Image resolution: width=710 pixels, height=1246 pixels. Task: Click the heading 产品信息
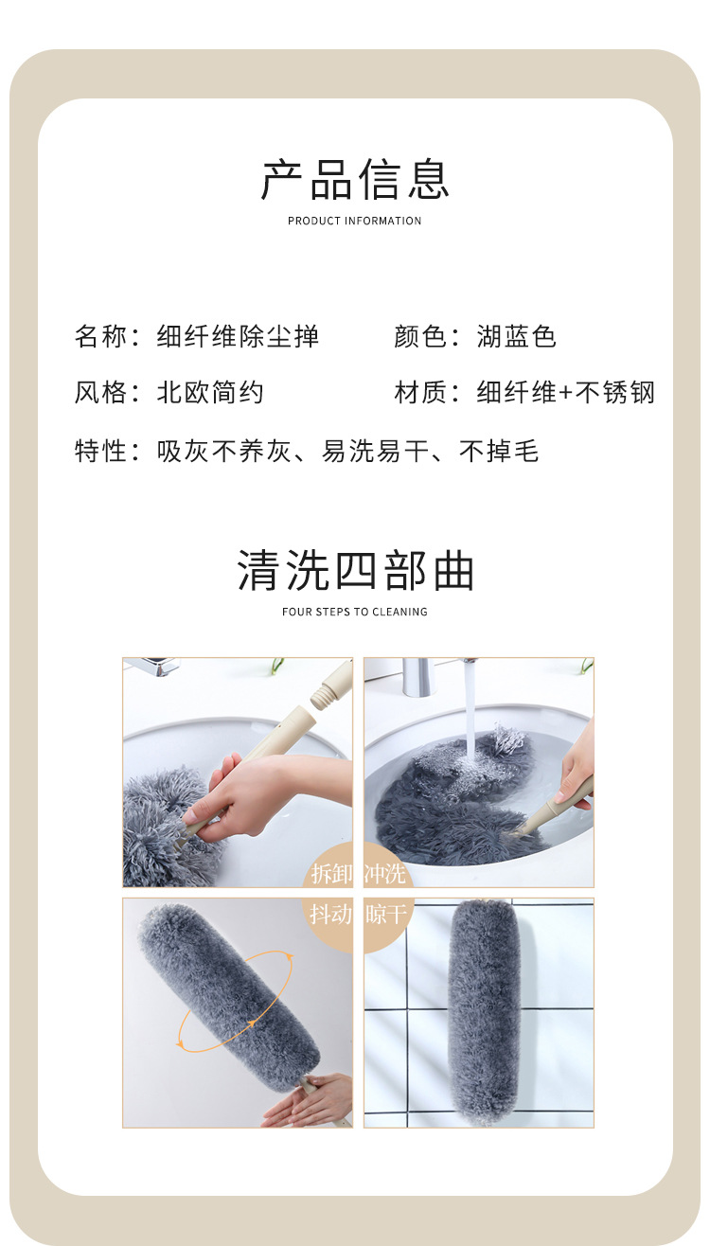coord(355,180)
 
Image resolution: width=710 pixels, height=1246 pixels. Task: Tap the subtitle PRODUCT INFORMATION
coord(355,221)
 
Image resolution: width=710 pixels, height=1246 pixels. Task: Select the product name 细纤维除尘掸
coord(238,336)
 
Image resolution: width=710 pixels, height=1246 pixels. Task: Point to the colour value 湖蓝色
coord(516,336)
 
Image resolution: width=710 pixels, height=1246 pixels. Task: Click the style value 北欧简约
coord(210,392)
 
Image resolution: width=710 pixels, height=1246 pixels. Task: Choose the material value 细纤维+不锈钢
coord(565,392)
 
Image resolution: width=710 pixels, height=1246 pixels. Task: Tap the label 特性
coord(100,451)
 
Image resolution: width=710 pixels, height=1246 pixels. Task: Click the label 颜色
coord(420,336)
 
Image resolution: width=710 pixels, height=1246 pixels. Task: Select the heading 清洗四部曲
coord(355,572)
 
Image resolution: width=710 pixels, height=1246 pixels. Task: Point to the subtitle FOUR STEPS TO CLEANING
coord(355,612)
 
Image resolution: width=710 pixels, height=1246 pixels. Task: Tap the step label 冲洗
coord(385,873)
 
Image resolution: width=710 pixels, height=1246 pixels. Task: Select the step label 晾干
coord(385,915)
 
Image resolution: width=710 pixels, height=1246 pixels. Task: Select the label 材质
coord(420,392)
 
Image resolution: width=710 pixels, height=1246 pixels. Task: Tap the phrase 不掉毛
coord(499,451)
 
